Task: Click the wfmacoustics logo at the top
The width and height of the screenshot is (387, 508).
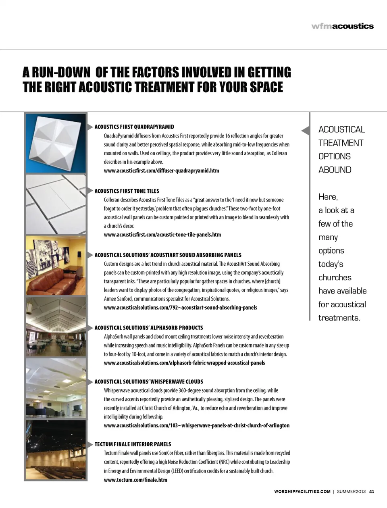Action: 342,26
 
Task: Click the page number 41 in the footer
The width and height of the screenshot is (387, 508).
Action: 372,491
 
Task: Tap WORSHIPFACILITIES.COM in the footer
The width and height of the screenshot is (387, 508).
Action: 302,491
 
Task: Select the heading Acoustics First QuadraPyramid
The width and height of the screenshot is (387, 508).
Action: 134,127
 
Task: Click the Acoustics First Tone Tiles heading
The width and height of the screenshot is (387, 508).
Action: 127,191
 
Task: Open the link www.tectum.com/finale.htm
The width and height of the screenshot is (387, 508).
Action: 135,480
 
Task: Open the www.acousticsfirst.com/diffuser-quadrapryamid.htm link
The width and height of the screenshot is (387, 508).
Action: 161,171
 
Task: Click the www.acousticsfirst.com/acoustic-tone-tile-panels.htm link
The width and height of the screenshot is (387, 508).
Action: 162,235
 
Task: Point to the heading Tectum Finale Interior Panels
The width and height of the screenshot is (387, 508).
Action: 133,444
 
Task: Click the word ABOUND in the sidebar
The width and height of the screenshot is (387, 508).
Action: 335,170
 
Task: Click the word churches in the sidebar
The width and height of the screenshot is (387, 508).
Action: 335,277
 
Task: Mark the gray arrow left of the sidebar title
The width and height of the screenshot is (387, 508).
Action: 306,130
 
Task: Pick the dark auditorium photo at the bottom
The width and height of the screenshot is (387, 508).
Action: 56,450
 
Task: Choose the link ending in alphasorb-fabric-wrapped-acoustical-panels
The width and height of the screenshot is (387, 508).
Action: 184,363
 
